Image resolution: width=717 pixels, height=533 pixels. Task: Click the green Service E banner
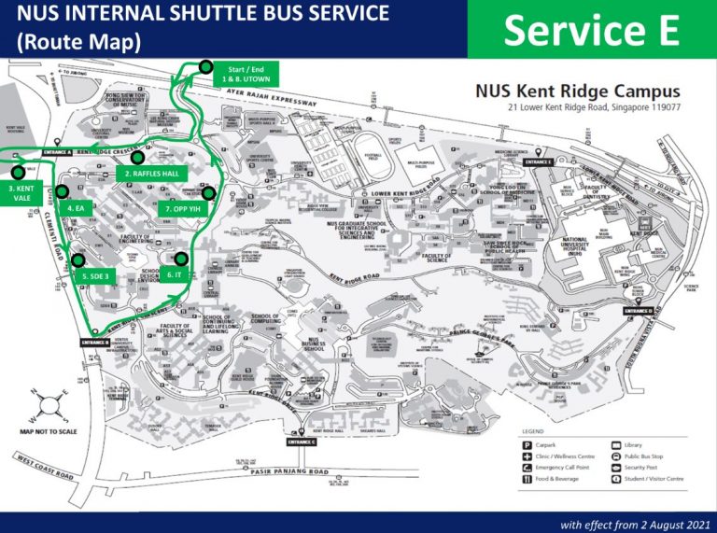coord(592,30)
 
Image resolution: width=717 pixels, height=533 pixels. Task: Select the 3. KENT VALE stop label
coord(18,194)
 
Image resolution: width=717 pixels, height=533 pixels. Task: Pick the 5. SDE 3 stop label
coord(95,276)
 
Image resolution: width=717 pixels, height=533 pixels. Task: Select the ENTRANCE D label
coord(638,311)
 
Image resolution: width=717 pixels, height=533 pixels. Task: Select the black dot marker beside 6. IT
coord(181,259)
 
